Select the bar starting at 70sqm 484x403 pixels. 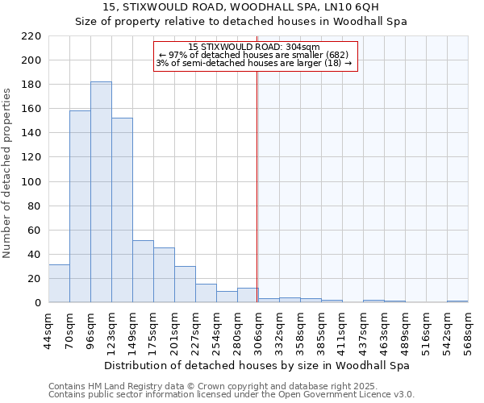click(80, 206)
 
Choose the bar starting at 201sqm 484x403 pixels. click(185, 285)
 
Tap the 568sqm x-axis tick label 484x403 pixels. click(469, 331)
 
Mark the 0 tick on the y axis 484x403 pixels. click(38, 303)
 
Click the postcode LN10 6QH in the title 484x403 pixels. click(345, 7)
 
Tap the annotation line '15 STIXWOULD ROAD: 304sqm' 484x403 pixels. click(254, 47)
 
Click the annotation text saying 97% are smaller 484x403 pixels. click(254, 55)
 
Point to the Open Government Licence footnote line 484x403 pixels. click(231, 395)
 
